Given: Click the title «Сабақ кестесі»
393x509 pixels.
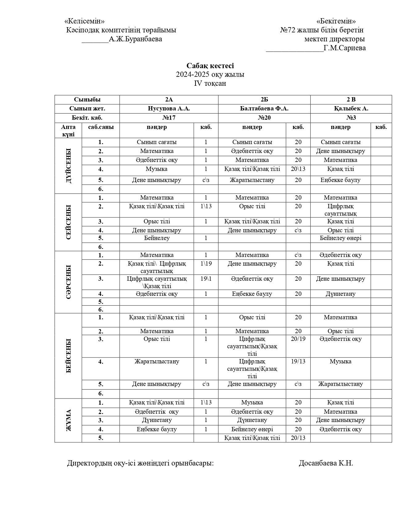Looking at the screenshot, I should click(210, 66).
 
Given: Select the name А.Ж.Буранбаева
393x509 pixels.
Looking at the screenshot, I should click(135, 39).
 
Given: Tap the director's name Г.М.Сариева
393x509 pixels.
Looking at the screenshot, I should click(345, 48).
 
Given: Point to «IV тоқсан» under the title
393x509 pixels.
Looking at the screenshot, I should click(210, 83).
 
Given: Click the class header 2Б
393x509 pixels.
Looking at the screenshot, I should click(264, 100).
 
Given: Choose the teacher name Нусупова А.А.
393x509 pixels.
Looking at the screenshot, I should click(169, 109).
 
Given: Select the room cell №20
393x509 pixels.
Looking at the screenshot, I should click(264, 118).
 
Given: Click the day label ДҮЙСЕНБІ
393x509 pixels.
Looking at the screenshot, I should click(68, 166).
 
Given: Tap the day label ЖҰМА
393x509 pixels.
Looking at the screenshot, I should click(68, 420).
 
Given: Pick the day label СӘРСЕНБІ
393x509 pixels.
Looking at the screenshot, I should click(68, 282).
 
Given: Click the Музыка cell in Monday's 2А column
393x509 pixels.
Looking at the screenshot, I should click(157, 169).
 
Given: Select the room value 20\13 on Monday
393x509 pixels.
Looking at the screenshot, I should click(298, 169).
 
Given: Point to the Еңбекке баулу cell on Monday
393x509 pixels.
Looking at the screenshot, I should click(340, 180).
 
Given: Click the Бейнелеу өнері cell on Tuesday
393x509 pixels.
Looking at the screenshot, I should click(340, 238).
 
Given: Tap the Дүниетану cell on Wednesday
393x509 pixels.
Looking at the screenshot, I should click(340, 294).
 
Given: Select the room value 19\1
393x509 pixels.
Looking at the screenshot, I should click(206, 279).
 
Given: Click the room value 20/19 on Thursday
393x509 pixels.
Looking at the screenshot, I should click(298, 339).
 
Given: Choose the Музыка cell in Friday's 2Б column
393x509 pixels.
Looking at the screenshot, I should click(252, 403).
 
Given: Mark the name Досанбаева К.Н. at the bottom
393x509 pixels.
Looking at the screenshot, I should click(326, 463).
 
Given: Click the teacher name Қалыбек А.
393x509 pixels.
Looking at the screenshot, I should click(351, 109).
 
